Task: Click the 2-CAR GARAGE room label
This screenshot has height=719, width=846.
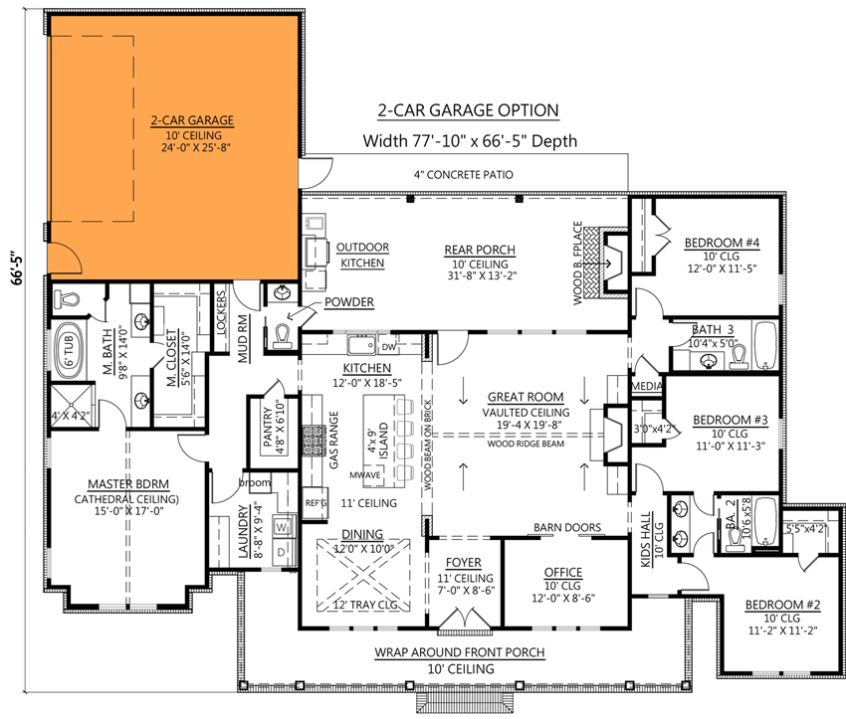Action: tap(192, 120)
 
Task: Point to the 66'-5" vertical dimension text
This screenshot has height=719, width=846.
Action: tap(12, 270)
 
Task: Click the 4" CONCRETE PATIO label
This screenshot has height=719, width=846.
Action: tap(463, 175)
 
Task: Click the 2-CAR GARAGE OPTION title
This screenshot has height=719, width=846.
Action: tap(468, 110)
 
